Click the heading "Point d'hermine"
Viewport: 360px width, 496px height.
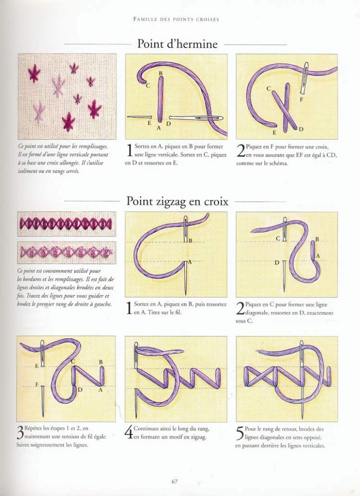pos(177,44)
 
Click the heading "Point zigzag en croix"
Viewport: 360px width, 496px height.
pos(177,201)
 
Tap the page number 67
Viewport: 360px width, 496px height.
pos(175,482)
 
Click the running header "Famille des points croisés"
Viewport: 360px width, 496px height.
pos(176,19)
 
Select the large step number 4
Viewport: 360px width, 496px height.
pos(129,432)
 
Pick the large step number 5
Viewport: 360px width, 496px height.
pos(240,432)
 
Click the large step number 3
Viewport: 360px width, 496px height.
pos(20,432)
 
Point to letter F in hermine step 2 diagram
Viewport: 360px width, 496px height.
pos(301,99)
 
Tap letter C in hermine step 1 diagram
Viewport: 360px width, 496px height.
pos(148,85)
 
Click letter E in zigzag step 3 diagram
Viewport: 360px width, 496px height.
pos(37,366)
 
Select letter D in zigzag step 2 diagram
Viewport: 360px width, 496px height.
pos(277,262)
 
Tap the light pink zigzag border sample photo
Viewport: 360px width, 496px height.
pos(66,252)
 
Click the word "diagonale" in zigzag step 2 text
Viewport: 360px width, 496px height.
pos(255,313)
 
